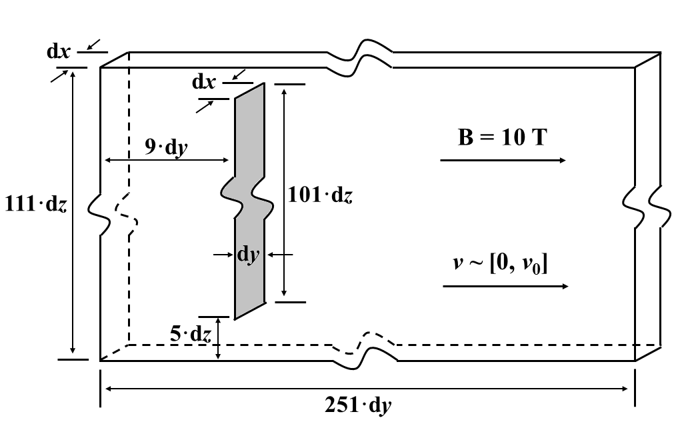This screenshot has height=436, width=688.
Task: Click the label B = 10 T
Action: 503,138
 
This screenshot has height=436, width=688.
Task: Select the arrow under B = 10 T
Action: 503,161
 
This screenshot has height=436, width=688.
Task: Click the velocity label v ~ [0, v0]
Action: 500,264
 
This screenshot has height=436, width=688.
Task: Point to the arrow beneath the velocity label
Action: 505,286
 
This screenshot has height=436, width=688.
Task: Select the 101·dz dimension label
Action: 319,195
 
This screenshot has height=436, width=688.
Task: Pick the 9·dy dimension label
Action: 166,146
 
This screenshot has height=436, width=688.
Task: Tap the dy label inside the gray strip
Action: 248,255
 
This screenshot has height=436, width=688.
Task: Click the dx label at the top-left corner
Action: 59,51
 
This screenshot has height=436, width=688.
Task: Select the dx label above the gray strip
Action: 204,82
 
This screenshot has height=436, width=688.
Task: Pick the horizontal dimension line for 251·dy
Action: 367,388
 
